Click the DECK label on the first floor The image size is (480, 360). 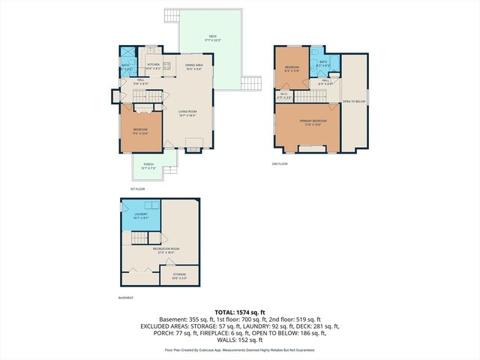(x=212, y=37)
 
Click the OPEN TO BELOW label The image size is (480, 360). (x=354, y=100)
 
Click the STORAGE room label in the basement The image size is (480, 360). (x=179, y=276)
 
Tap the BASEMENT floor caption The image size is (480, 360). (x=126, y=298)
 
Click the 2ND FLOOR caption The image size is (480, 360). (x=279, y=163)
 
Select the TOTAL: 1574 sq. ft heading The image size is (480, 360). (x=240, y=313)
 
